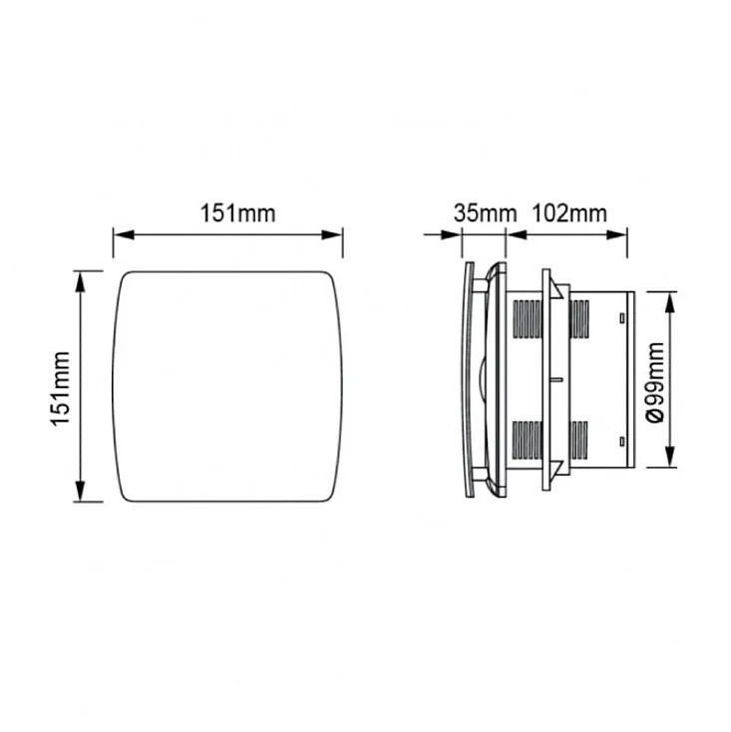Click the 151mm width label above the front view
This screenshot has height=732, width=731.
[227, 212]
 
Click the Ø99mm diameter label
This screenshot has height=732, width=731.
[655, 382]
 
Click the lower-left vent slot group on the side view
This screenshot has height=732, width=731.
[526, 439]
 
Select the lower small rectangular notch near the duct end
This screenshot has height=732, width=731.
[621, 442]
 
